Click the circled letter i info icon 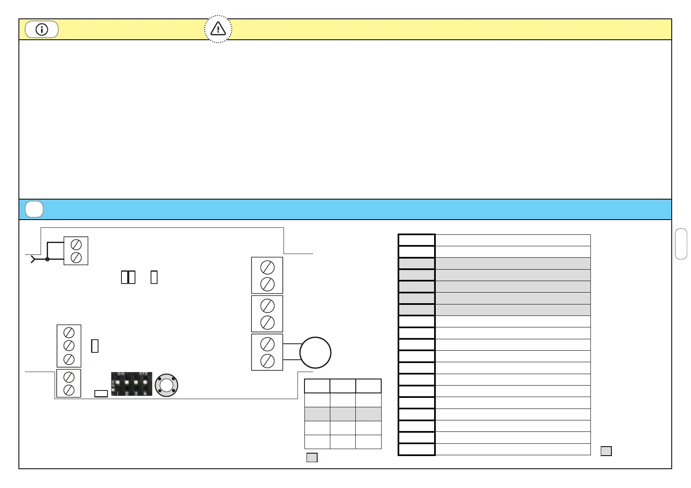(x=41, y=30)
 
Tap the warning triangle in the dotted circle (x=218, y=29)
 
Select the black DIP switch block (x=132, y=384)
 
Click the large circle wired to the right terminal (x=315, y=353)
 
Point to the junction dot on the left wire (x=47, y=259)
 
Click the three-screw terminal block (x=69, y=346)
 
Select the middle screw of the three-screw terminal (x=69, y=346)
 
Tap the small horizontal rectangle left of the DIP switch (x=101, y=394)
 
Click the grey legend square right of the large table (x=606, y=451)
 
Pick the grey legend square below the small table (x=312, y=458)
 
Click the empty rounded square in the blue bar (x=34, y=209)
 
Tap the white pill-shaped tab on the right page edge (x=681, y=244)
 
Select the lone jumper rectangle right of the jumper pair (x=154, y=277)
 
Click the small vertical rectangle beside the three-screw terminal (x=95, y=346)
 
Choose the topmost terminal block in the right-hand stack (x=267, y=275)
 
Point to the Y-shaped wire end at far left (x=33, y=259)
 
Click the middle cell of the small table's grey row (x=343, y=414)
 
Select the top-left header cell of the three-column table (x=317, y=386)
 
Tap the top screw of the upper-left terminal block (x=76, y=245)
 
